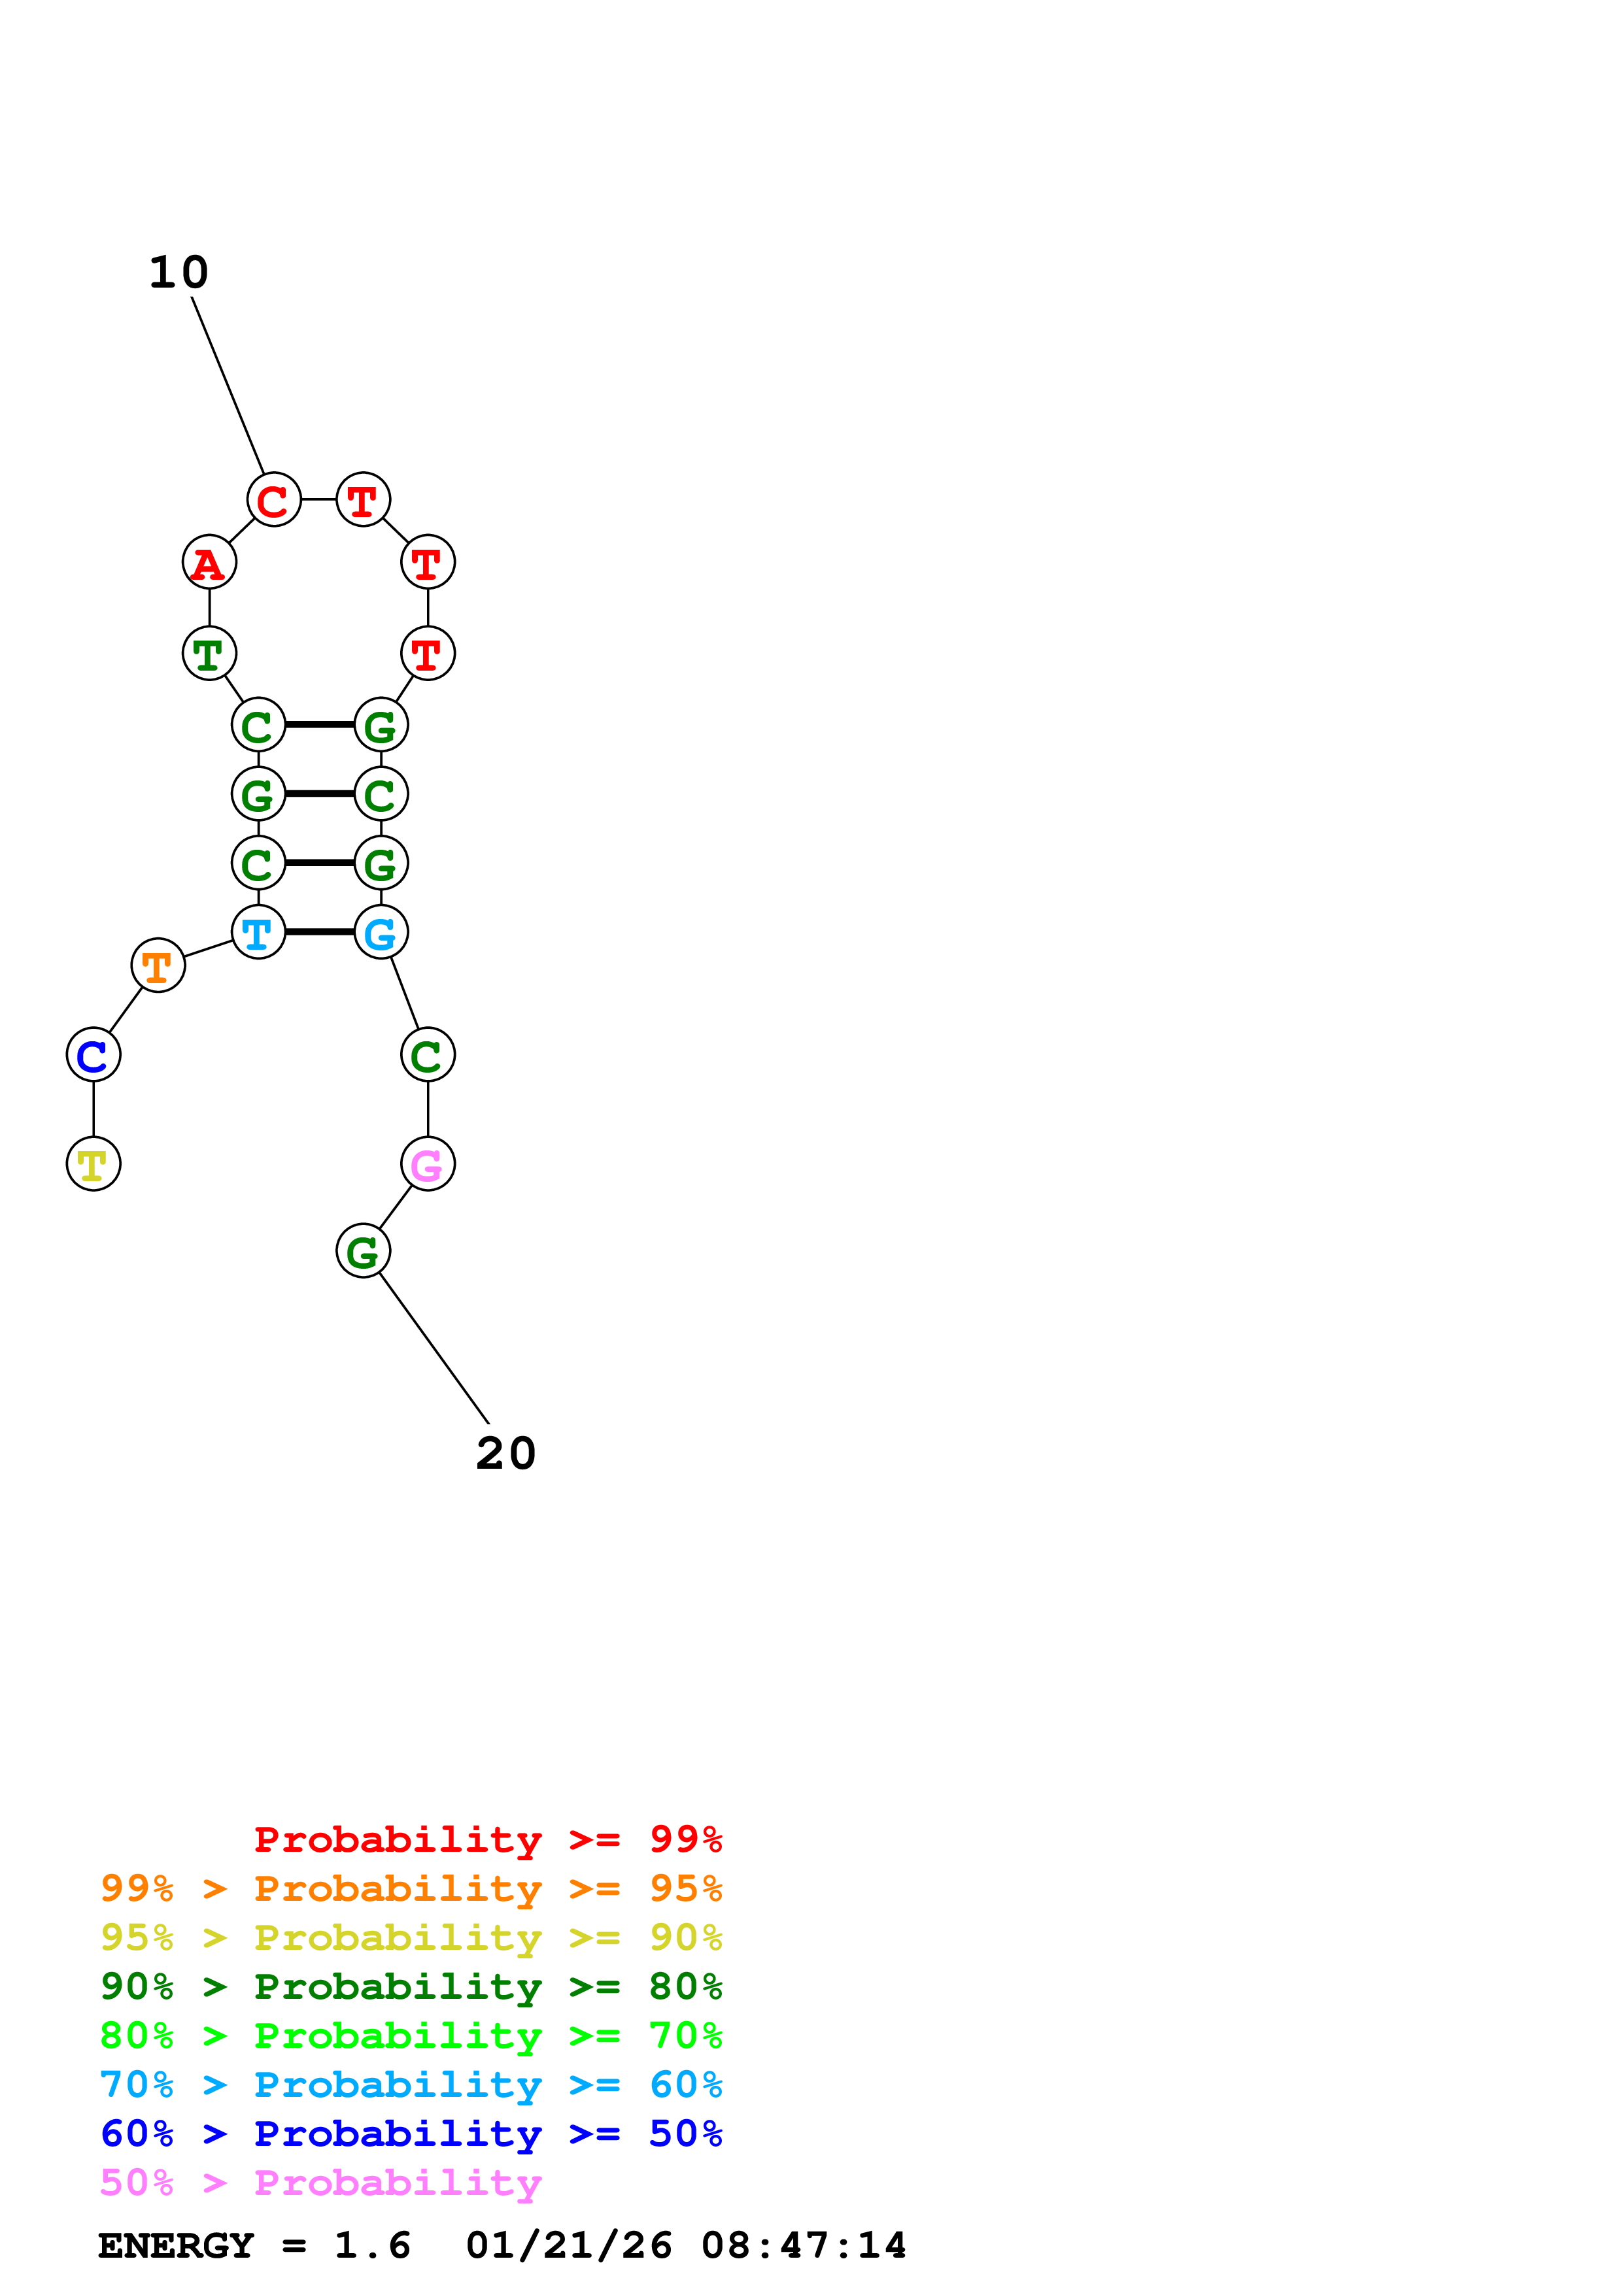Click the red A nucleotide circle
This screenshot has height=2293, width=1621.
coord(209,562)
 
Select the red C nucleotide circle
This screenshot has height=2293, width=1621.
coord(274,499)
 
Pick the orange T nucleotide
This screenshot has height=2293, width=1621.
coord(158,965)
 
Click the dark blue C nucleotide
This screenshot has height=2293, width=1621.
coord(93,1054)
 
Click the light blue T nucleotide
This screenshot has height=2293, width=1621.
coord(258,932)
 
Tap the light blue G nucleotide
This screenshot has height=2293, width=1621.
coord(381,932)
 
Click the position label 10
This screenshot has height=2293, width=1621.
coord(179,273)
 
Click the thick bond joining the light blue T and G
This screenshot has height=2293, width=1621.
coord(320,932)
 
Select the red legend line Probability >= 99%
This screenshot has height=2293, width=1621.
coord(487,1839)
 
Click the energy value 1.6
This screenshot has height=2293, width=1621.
coord(371,2246)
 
